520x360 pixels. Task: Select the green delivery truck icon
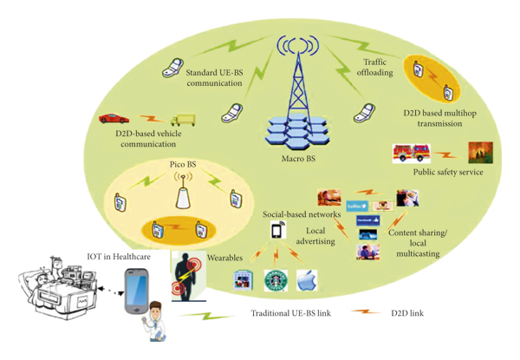[183, 121]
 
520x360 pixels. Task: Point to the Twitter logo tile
[357, 206]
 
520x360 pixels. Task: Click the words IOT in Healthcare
[117, 257]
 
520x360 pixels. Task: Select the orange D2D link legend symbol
[367, 312]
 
